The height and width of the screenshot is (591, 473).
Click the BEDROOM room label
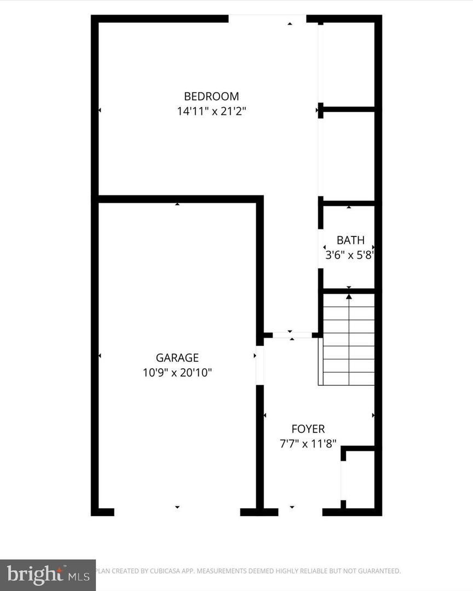point(211,96)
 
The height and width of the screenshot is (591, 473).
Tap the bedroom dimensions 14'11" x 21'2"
point(211,112)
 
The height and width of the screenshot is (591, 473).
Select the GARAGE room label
point(177,358)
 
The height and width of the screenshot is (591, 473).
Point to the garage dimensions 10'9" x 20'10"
point(177,373)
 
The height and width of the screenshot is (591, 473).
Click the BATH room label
point(350,240)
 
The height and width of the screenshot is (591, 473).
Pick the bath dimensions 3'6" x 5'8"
point(350,254)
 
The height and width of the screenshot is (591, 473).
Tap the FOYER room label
point(308,430)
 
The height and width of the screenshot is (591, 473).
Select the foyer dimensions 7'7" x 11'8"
point(308,444)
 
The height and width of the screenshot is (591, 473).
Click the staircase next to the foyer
point(349,339)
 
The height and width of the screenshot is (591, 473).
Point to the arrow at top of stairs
point(349,297)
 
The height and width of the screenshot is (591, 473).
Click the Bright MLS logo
point(48,575)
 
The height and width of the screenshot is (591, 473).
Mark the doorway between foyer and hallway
point(292,335)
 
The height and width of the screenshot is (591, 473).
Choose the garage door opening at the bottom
point(177,512)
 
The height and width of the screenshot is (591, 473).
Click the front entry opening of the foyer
point(300,512)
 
